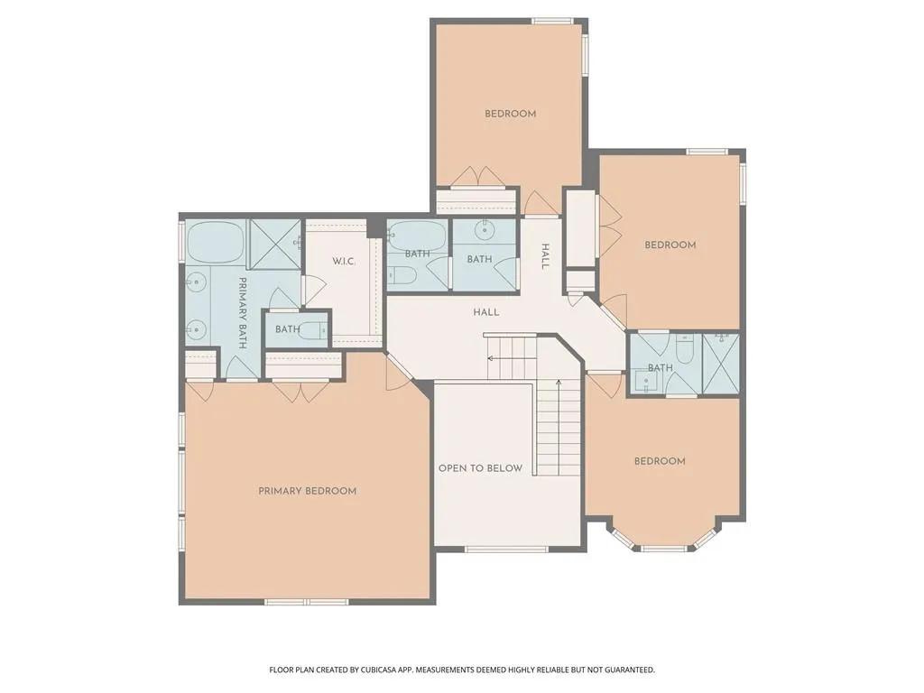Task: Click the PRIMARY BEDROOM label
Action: click(x=307, y=491)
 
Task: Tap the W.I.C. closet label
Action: click(x=344, y=261)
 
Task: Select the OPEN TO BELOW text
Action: click(x=480, y=468)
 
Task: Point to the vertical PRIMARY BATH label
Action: click(x=242, y=313)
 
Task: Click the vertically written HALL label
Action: click(x=545, y=256)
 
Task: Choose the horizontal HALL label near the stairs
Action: click(x=486, y=312)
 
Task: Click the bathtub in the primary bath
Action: click(x=216, y=242)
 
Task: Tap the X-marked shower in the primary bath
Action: click(x=274, y=244)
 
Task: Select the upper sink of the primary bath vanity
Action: click(x=196, y=284)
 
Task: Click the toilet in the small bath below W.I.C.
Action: click(x=313, y=332)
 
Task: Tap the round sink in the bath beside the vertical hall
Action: click(x=485, y=230)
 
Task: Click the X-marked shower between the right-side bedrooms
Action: click(x=721, y=364)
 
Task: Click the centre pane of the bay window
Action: click(x=664, y=549)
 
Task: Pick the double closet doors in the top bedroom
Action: click(x=478, y=177)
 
